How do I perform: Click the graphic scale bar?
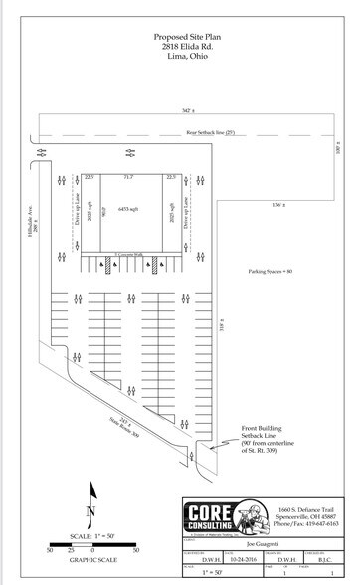92,548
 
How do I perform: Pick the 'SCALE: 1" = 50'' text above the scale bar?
93,535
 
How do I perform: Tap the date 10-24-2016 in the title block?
245,560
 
